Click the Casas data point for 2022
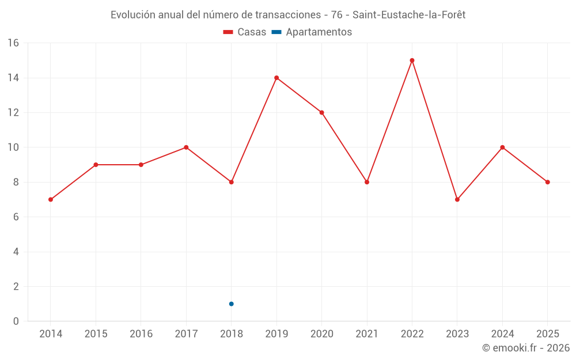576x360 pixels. (412, 60)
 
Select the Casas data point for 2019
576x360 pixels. (276, 78)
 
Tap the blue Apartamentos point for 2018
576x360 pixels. (231, 304)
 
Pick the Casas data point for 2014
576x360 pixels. (51, 199)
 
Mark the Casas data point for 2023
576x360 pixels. (457, 199)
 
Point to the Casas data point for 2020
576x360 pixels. (321, 112)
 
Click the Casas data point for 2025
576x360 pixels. (548, 182)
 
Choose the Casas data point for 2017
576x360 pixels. (186, 147)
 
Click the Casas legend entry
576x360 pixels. (245, 32)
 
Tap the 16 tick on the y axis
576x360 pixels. (13, 43)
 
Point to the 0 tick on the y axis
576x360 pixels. (16, 321)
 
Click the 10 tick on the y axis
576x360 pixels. (13, 147)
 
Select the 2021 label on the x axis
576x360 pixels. (367, 334)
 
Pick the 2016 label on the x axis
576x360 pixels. (141, 334)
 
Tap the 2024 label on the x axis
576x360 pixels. (502, 334)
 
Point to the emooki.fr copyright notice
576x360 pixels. (525, 348)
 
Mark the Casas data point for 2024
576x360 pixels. (502, 147)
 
